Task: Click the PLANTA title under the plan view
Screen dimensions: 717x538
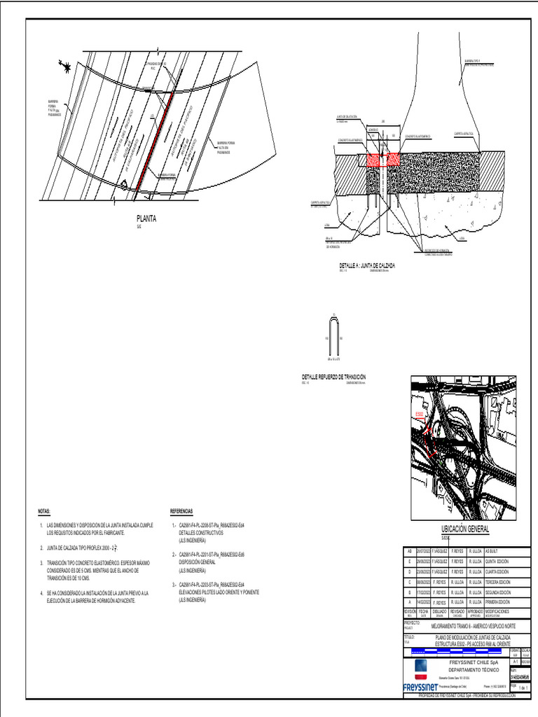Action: point(147,218)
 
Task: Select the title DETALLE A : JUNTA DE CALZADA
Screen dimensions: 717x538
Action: point(367,266)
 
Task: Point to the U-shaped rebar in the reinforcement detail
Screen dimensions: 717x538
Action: point(334,337)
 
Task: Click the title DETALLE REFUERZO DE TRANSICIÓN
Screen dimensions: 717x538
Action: point(333,377)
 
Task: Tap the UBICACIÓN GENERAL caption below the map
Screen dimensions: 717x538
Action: point(464,529)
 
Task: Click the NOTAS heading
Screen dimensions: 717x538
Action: point(44,512)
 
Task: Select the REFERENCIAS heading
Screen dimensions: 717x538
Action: point(182,512)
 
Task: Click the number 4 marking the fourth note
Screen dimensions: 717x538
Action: point(41,594)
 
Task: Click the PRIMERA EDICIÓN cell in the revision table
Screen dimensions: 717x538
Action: point(499,601)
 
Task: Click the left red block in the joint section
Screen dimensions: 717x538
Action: point(371,159)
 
